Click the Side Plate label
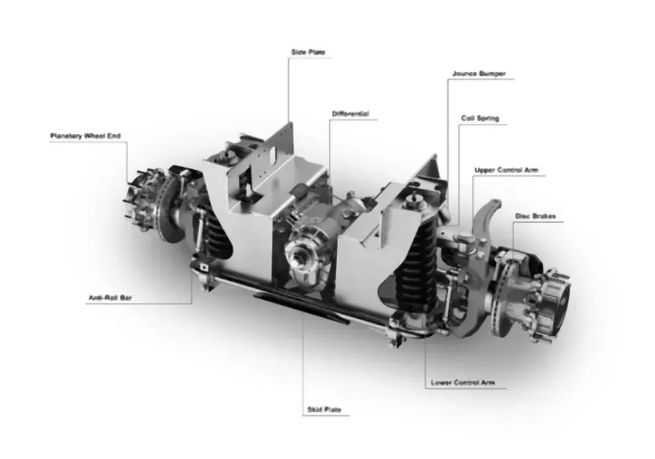coord(308,52)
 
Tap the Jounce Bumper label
coord(480,73)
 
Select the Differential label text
coord(350,114)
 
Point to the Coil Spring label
coord(480,118)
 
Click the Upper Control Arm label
coord(506,170)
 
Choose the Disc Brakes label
coord(535,216)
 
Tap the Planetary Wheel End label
coord(85,136)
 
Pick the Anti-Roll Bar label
coord(110,298)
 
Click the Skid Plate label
coord(324,409)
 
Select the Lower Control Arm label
coord(463,382)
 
